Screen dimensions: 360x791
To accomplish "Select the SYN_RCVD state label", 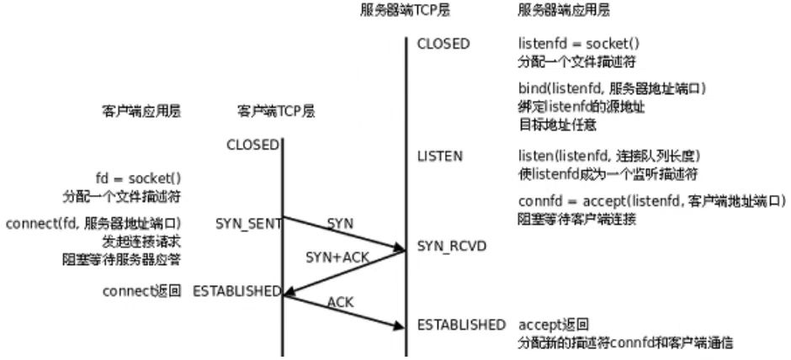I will (452, 245).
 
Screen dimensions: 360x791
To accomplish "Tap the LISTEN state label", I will (439, 156).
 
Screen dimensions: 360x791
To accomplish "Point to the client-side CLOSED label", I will (252, 145).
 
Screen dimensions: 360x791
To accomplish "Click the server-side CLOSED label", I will (443, 44).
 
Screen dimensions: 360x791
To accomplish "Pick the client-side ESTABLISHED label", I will (236, 291).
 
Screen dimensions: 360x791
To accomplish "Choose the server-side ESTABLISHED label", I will (461, 325).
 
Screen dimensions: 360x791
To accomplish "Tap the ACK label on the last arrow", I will (340, 300).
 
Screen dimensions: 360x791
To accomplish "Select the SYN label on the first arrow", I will (341, 223).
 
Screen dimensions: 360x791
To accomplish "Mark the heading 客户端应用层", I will (141, 110).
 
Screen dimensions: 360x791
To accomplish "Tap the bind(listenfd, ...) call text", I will (610, 89).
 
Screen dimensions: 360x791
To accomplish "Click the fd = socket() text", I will (139, 178).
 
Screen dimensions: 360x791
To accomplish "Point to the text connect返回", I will (141, 291).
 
